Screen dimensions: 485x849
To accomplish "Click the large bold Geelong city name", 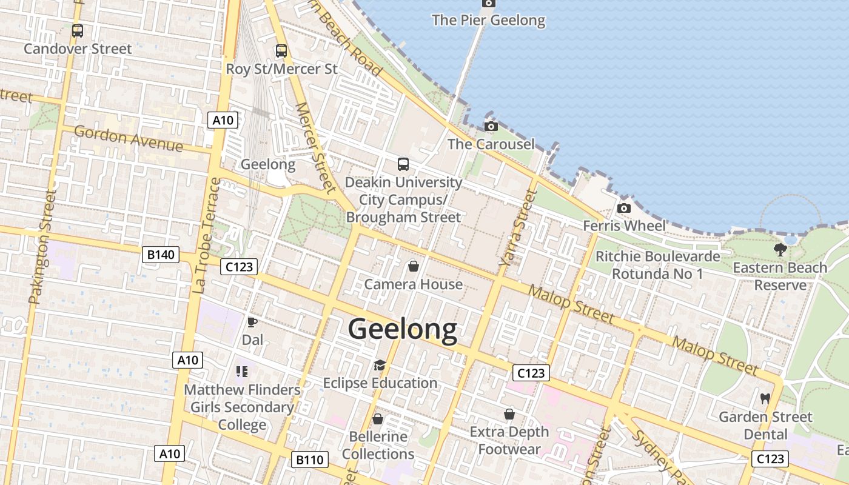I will pos(403,329).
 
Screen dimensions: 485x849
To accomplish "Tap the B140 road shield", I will pos(161,255).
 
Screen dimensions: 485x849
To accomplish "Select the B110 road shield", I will pos(309,460).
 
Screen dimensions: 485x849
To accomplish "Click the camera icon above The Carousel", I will pos(491,126).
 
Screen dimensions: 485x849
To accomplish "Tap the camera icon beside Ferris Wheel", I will pos(623,208).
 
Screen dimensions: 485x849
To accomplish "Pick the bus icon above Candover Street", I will pos(78,31).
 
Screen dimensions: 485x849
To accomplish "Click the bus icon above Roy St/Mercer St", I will pos(281,51).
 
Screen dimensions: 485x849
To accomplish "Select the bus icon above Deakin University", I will pos(403,164).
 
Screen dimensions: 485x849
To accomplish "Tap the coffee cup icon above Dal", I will pos(252,322).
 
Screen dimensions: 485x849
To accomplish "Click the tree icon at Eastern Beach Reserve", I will pos(780,249).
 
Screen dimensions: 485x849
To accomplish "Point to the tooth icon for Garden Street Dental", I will pos(765,398).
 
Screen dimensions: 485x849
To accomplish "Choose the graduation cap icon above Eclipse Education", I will pos(380,365).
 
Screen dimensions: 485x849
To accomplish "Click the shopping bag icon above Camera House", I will pos(413,266).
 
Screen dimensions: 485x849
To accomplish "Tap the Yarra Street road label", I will pos(517,229).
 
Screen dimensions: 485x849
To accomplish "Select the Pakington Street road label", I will pos(42,247).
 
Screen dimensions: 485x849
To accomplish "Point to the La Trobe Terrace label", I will pos(207,236).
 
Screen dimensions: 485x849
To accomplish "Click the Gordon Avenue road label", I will pos(128,139).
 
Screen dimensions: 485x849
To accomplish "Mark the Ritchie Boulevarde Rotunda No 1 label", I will pos(657,265).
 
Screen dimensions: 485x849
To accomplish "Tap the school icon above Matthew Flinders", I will pos(242,371).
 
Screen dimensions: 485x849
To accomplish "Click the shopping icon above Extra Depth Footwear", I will pos(509,414).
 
